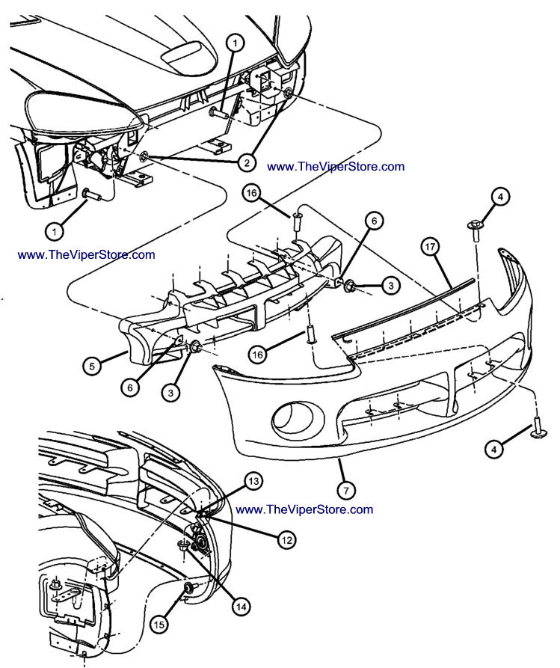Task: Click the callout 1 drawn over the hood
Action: pyautogui.click(x=234, y=44)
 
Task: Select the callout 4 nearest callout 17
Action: pyautogui.click(x=499, y=198)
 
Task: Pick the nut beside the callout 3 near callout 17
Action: pyautogui.click(x=348, y=284)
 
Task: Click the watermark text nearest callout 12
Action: pyautogui.click(x=304, y=509)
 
